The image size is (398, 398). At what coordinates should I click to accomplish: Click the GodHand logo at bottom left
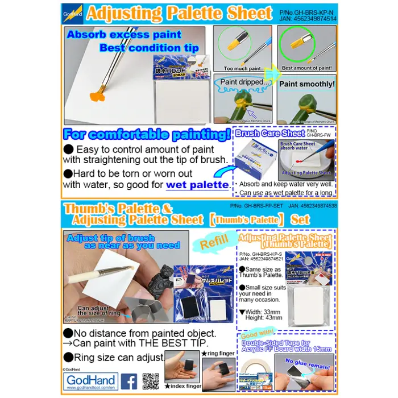[x=90, y=381]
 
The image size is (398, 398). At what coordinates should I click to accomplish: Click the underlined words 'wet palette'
[x=197, y=185]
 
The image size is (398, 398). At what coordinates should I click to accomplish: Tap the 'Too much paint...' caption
[x=243, y=68]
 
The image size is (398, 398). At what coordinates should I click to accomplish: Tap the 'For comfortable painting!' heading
[x=147, y=135]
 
